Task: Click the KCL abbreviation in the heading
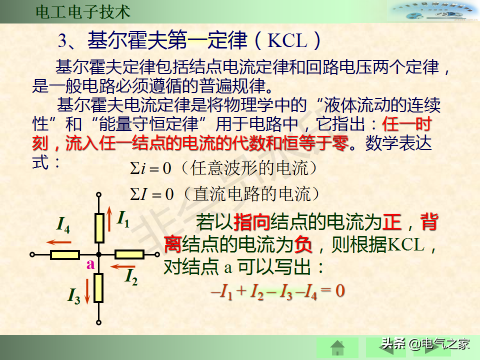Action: [287, 40]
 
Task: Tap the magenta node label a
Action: [90, 264]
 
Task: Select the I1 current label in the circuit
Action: [123, 219]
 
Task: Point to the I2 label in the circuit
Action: [131, 276]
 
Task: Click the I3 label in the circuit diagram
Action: [74, 295]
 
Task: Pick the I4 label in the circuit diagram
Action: [63, 224]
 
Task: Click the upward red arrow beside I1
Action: [109, 218]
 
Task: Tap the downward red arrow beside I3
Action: [87, 291]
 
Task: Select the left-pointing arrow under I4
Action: [59, 242]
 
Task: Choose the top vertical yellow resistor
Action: [99, 228]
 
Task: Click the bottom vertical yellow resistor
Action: [98, 288]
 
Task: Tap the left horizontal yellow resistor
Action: [65, 254]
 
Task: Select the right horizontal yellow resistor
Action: [129, 254]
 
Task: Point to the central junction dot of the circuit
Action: [98, 254]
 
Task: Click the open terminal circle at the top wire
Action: [98, 194]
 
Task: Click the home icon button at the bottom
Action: [337, 348]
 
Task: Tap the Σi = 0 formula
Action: [150, 168]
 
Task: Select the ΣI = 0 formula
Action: [152, 194]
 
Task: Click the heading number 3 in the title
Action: [62, 40]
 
